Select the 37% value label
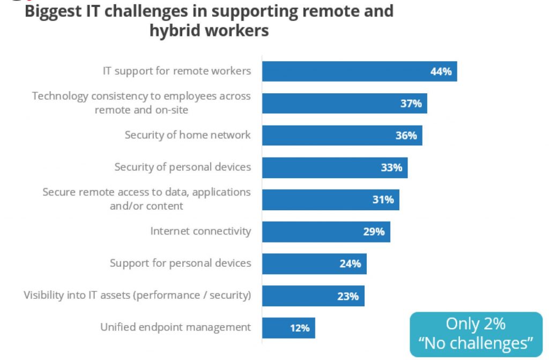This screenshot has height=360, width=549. (411, 104)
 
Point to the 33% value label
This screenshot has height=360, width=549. (391, 167)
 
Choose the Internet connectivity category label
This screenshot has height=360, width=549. (201, 231)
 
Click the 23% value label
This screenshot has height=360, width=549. (348, 296)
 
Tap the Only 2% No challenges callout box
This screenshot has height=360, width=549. (476, 334)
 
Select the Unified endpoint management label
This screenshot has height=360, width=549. (175, 327)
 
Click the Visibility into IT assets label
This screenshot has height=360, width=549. (137, 295)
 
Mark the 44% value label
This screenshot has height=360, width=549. (441, 71)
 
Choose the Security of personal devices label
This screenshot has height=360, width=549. (182, 167)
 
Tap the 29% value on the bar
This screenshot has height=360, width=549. (374, 232)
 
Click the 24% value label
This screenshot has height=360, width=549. (350, 263)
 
